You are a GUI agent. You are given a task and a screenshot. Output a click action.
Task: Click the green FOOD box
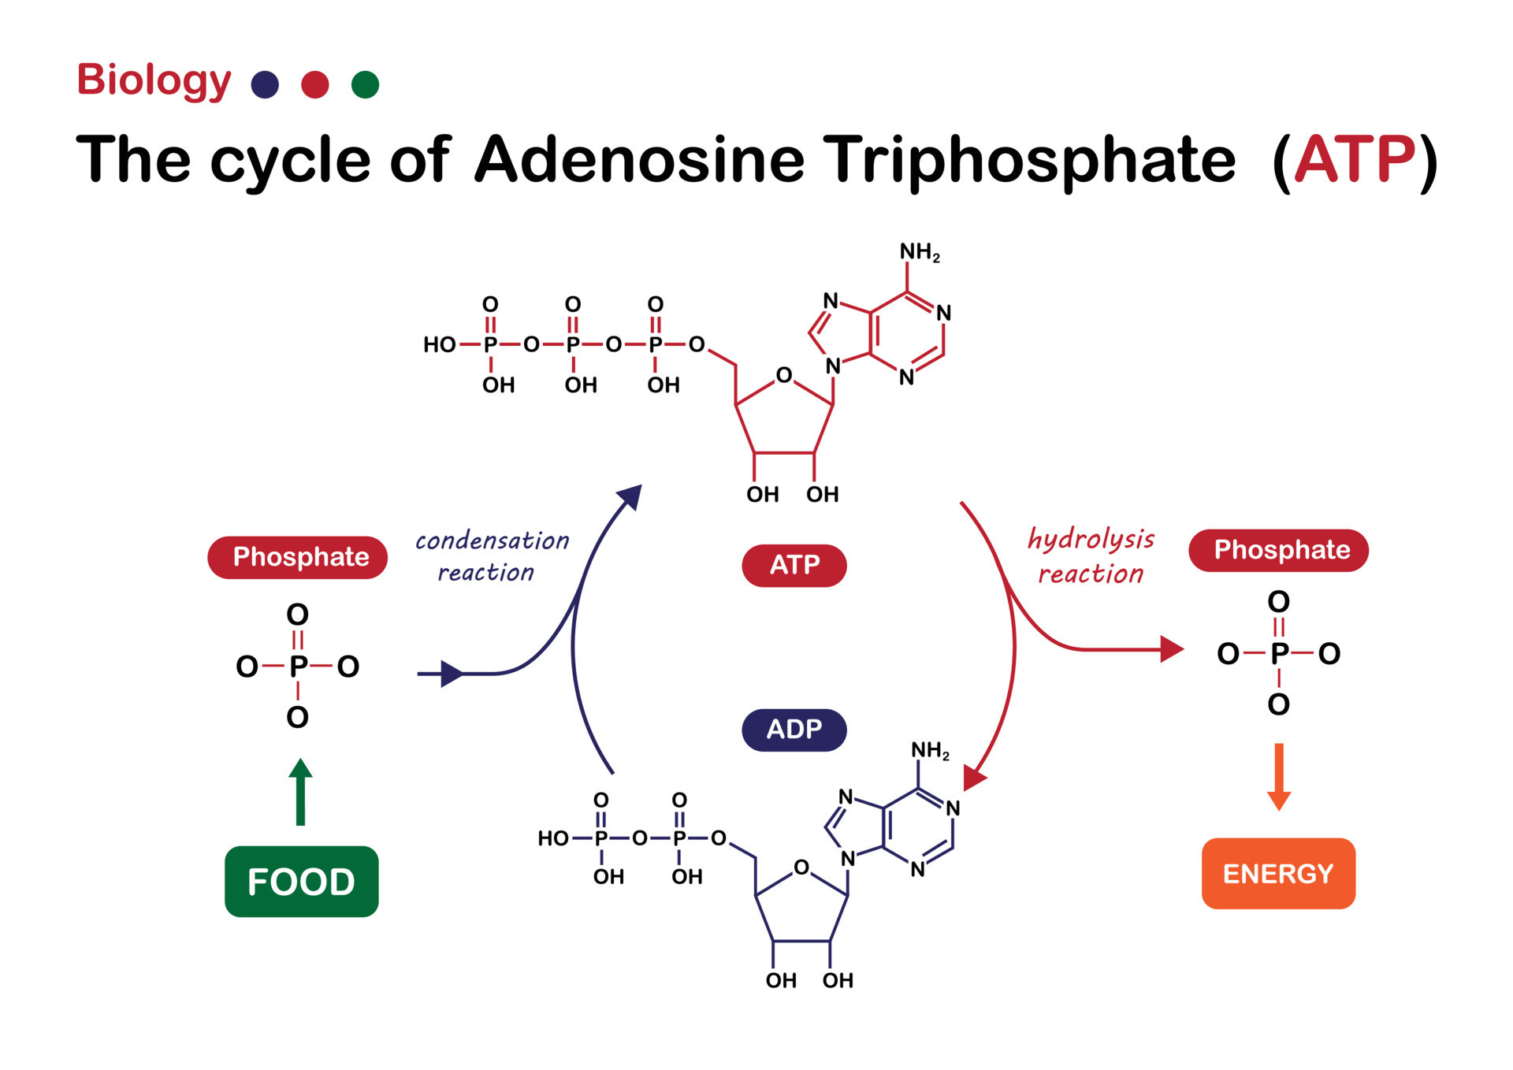tap(301, 881)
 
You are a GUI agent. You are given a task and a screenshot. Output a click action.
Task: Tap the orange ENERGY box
tap(1277, 873)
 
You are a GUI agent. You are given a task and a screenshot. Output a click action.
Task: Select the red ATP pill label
tap(794, 565)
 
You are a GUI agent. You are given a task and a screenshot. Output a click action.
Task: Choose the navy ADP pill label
tap(794, 730)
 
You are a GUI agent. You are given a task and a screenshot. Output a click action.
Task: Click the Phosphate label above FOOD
tap(298, 557)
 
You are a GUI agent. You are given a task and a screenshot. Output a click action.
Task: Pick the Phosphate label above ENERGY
tap(1277, 550)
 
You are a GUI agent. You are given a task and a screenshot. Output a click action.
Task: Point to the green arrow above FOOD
tap(300, 792)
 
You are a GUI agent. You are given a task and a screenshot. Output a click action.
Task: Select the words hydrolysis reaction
tap(1090, 556)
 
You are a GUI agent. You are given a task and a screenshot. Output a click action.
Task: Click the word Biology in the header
tap(154, 81)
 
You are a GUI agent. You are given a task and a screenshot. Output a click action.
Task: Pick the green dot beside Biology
tap(365, 84)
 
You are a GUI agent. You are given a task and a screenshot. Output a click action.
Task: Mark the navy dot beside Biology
tap(265, 84)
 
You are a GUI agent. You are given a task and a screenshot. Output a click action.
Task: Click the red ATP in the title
tap(1355, 160)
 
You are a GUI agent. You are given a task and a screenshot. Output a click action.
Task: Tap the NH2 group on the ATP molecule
tap(919, 252)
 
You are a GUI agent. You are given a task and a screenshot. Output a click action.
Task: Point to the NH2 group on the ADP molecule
tap(929, 750)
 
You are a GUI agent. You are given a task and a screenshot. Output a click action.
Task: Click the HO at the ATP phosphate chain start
tap(439, 344)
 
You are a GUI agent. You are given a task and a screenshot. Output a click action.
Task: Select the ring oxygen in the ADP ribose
tap(801, 868)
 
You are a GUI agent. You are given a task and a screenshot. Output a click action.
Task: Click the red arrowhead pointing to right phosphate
tap(1172, 649)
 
